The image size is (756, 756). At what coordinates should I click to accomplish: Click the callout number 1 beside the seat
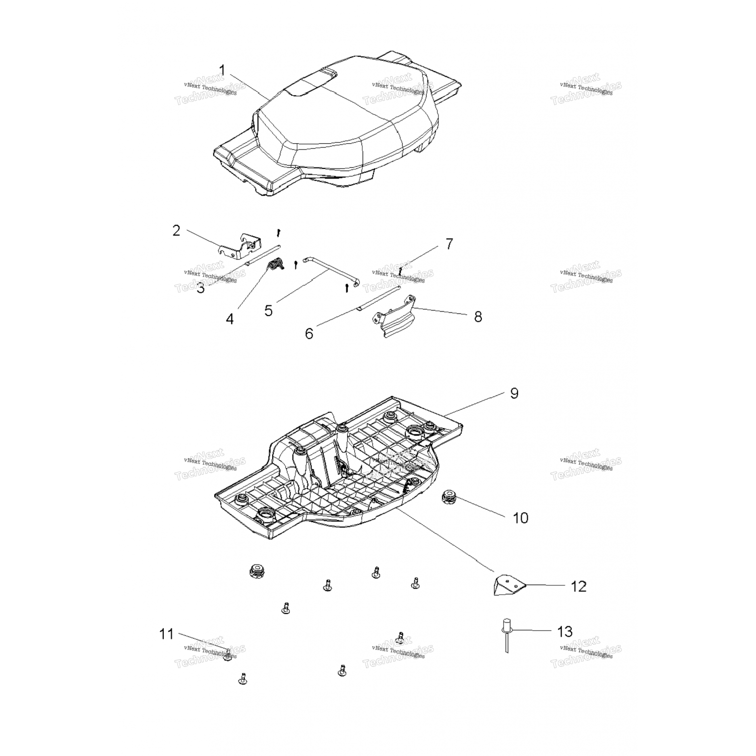click(223, 70)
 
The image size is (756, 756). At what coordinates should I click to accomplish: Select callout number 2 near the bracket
click(176, 231)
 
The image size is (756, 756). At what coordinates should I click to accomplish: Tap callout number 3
click(201, 288)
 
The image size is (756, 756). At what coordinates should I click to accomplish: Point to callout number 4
click(230, 319)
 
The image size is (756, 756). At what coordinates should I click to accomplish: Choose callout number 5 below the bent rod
click(269, 310)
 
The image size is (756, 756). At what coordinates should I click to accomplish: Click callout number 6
click(309, 333)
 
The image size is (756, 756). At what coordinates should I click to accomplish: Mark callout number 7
click(449, 244)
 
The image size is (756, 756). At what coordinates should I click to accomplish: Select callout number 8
click(478, 317)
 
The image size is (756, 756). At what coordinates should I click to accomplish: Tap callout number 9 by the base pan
click(514, 393)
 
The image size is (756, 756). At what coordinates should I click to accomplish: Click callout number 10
click(521, 518)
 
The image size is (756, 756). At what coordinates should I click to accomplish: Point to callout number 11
click(166, 634)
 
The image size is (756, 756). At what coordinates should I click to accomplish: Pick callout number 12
click(579, 586)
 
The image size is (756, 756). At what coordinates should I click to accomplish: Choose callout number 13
click(565, 632)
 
